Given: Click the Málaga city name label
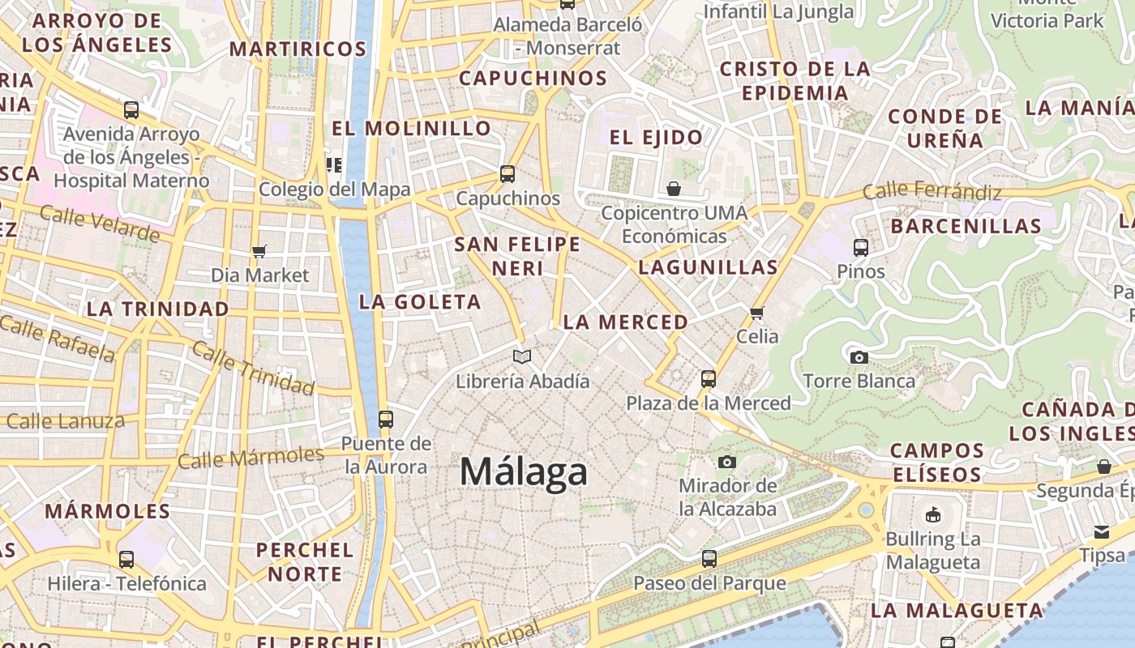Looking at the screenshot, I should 523,471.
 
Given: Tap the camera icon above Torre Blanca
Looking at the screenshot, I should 859,357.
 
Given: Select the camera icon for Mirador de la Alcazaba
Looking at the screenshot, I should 727,462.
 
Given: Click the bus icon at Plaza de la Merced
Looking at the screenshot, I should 708,378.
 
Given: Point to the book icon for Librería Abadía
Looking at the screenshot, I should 523,356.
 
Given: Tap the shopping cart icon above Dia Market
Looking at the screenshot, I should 259,251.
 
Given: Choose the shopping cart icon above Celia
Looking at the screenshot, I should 757,313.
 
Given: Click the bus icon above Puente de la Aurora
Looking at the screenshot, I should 386,420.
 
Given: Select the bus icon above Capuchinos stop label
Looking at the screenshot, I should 508,173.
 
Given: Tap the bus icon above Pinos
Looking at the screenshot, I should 861,247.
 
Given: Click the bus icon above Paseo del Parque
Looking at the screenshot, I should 709,559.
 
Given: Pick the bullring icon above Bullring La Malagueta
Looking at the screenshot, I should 933,514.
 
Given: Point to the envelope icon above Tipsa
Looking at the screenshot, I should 1102,531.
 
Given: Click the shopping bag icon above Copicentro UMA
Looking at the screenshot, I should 674,190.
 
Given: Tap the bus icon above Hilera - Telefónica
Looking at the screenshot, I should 126,559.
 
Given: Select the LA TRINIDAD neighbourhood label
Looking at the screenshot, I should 157,309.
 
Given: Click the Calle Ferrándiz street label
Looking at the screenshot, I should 932,192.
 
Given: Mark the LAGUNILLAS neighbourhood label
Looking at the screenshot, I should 708,266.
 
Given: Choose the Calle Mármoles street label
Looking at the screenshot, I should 251,457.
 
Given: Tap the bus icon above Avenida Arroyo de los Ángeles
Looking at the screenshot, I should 131,109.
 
